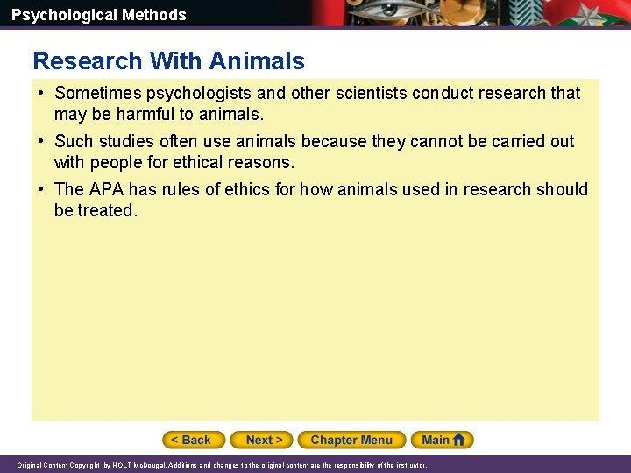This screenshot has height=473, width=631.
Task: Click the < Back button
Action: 194,440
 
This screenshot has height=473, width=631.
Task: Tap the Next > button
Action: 264,440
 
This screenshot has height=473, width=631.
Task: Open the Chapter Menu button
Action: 351,440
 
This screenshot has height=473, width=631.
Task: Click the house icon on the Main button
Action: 461,440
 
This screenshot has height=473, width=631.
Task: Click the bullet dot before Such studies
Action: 41,141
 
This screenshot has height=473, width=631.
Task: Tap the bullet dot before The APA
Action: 41,189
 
